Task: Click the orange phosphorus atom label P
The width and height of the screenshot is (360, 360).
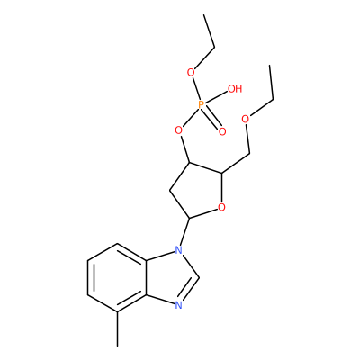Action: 202,104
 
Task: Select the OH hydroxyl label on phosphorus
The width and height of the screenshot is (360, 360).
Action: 235,89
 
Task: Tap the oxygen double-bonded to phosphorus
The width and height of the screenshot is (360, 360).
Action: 222,131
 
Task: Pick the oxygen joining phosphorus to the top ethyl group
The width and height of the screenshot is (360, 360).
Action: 191,72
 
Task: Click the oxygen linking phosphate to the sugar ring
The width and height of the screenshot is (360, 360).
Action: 179,130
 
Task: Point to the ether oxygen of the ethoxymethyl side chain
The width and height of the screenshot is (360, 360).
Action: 246,119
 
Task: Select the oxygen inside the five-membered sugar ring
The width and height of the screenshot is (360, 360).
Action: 221,207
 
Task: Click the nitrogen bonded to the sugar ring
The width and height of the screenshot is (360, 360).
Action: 179,249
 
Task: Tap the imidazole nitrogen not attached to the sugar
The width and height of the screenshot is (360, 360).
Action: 179,305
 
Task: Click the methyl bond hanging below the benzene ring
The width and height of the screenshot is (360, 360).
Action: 117,329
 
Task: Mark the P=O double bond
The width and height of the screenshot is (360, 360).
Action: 212,118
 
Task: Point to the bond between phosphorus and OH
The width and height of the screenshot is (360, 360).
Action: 216,97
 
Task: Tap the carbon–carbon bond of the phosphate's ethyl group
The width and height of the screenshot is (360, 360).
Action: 210,31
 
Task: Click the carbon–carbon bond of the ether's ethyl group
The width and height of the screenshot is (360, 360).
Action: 272,83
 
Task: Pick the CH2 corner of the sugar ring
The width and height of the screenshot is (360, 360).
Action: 169,190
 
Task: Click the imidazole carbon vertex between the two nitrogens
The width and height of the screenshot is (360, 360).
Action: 199,277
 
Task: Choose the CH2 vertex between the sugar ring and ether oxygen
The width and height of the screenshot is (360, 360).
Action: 249,154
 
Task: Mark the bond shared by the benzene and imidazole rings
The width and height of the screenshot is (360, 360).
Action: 147,277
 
